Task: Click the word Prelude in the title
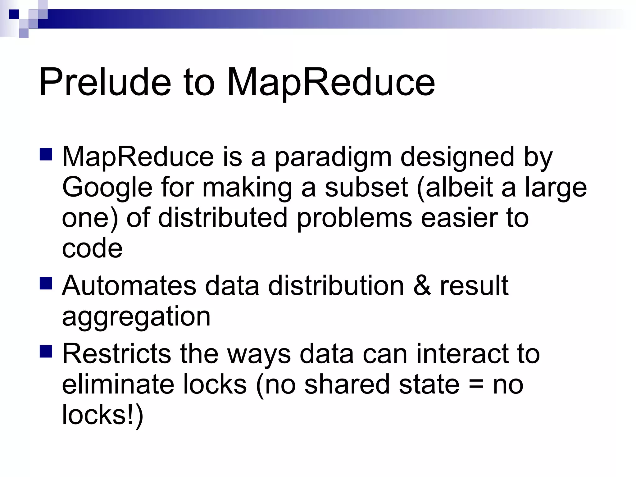105,82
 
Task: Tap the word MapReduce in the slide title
331,82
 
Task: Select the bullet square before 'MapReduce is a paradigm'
46,154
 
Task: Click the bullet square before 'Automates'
46,283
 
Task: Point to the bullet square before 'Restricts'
46,351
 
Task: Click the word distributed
223,218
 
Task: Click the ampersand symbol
422,285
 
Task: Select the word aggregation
136,317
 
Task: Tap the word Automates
129,285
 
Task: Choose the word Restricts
116,354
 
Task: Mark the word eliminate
118,384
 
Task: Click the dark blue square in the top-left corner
14,14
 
